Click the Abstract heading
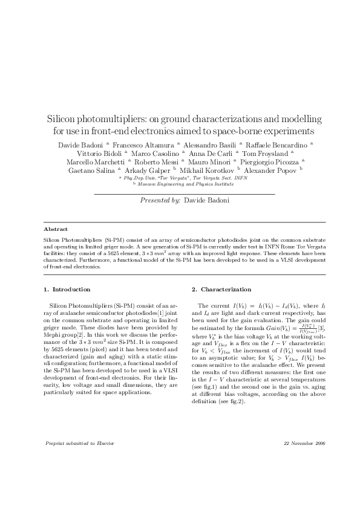tap(56, 230)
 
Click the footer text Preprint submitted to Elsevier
tap(80, 443)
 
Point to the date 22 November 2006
tap(304, 443)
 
